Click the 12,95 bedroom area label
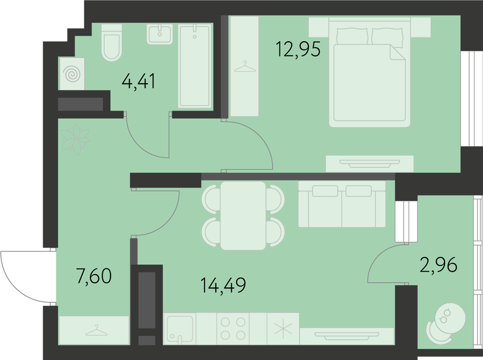pos(298,49)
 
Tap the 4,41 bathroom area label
pos(139,81)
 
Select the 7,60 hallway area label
pos(94,276)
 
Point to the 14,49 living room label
pos(224,285)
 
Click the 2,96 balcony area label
pos(439,265)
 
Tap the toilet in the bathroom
pos(112,43)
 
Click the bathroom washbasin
pos(160,34)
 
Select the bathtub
pos(195,66)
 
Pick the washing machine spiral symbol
pos(72,74)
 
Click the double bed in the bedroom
pos(369,72)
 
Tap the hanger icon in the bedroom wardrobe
pos(245,66)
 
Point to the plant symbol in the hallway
pos(75,139)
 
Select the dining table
pos(243,215)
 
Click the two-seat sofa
pos(342,204)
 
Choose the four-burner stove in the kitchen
pos(233,329)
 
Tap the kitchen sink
pos(180,329)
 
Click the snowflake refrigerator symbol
pos(283,329)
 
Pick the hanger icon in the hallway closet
pos(97,330)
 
